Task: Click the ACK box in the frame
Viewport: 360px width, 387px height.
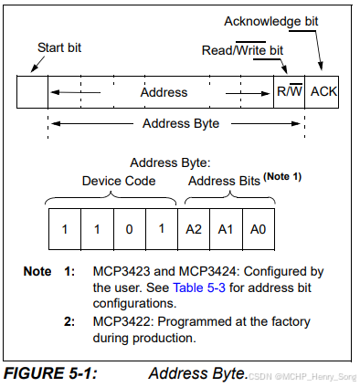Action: pos(322,92)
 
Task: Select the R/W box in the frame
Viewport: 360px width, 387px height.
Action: pos(290,92)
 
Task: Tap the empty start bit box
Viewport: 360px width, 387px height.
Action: pos(32,92)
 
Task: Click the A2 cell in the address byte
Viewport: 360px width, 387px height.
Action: pos(194,229)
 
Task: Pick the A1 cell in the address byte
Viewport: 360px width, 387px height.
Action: pos(226,229)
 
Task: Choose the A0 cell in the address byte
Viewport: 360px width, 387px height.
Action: pos(259,229)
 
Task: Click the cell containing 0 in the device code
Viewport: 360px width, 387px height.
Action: pos(130,229)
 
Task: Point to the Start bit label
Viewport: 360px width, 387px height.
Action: pos(59,47)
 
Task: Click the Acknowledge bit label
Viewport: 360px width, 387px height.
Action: pos(271,22)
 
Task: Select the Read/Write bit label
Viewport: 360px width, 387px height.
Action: pos(242,50)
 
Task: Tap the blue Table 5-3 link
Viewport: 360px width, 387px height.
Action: pos(199,288)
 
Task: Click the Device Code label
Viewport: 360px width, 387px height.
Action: pos(119,181)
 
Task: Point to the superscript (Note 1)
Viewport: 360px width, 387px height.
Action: pos(282,177)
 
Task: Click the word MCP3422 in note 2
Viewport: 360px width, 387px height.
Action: pos(122,321)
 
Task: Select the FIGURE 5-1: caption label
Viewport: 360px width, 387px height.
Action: pos(50,373)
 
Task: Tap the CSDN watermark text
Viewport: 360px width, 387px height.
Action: pos(302,377)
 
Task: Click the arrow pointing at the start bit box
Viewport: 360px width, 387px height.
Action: pos(37,64)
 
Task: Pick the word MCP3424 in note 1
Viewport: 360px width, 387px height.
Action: pos(207,271)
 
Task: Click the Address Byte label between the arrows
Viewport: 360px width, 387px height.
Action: pos(181,123)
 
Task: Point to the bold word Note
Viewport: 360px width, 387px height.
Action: pos(37,271)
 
